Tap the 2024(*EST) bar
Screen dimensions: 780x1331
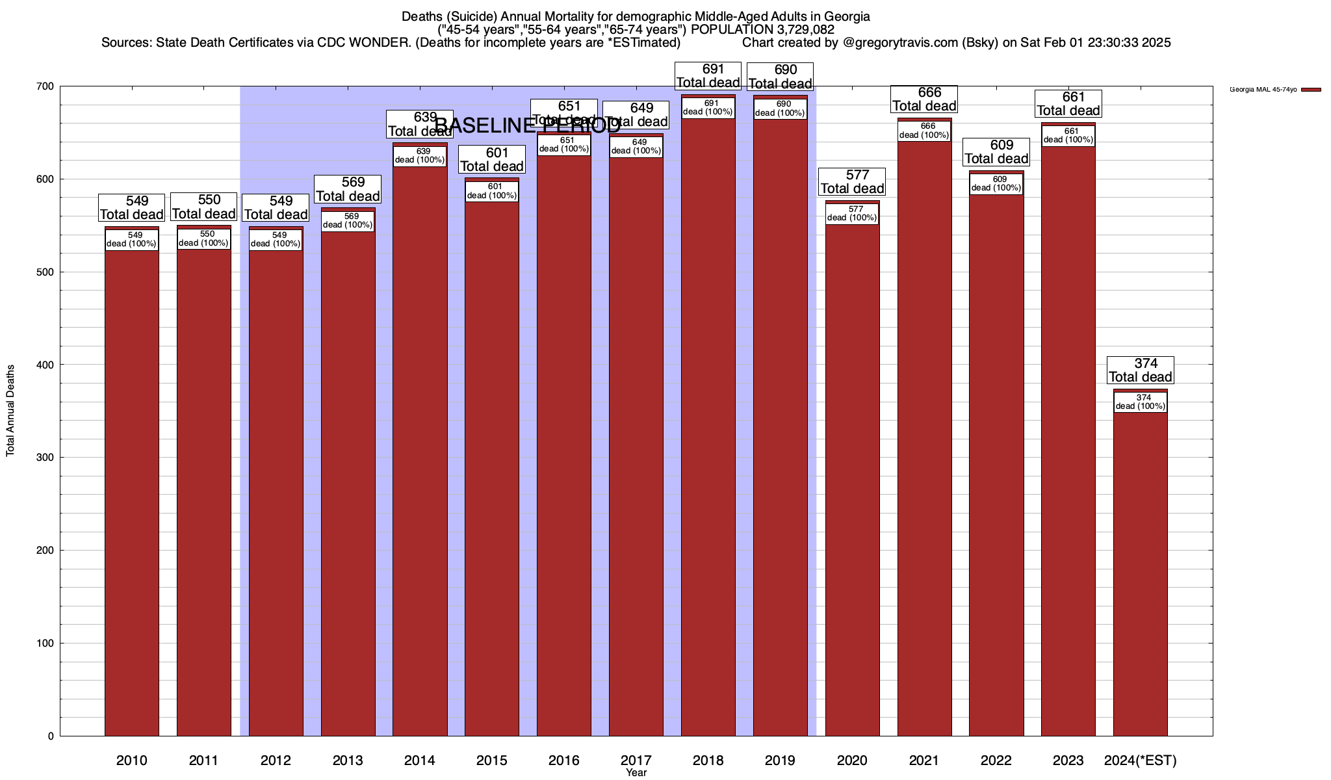pyautogui.click(x=1141, y=572)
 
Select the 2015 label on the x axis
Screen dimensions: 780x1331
pyautogui.click(x=492, y=760)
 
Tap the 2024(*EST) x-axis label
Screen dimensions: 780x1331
pyautogui.click(x=1141, y=760)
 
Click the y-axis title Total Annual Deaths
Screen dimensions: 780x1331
pyautogui.click(x=10, y=410)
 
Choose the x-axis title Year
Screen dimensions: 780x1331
pyautogui.click(x=636, y=773)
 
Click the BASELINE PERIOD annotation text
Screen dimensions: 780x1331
pyautogui.click(x=527, y=125)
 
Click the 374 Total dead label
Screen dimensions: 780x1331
pyautogui.click(x=1141, y=370)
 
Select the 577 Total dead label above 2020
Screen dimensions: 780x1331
pyautogui.click(x=852, y=182)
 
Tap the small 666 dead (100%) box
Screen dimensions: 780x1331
pyautogui.click(x=924, y=131)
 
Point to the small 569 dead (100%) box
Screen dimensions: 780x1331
pyautogui.click(x=348, y=221)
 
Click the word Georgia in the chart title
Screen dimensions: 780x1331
pyautogui.click(x=847, y=16)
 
